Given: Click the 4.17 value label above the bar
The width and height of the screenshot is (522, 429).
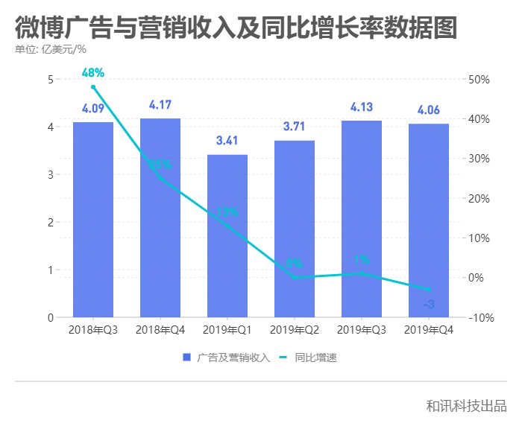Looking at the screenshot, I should pyautogui.click(x=160, y=105).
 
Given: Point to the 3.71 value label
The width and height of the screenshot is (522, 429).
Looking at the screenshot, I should pyautogui.click(x=295, y=127).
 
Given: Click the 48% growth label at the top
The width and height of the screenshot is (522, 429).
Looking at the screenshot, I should pyautogui.click(x=93, y=73).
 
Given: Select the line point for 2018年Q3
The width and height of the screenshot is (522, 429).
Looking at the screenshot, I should pyautogui.click(x=93, y=87).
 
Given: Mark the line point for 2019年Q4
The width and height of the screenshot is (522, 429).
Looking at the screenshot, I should pyautogui.click(x=429, y=290).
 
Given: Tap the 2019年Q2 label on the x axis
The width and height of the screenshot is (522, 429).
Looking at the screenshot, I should pyautogui.click(x=295, y=330).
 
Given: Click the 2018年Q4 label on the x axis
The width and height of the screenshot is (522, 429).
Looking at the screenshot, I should pyautogui.click(x=160, y=330).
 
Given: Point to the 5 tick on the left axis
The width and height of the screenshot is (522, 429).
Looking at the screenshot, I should pyautogui.click(x=51, y=80).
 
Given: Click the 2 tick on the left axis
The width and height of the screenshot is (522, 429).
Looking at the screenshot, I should pyautogui.click(x=51, y=222).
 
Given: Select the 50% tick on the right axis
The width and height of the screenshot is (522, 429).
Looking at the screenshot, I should pyautogui.click(x=479, y=80).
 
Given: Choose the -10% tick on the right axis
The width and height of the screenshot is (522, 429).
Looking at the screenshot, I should pyautogui.click(x=479, y=318).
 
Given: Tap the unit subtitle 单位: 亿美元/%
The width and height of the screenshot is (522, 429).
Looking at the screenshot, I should pyautogui.click(x=51, y=50).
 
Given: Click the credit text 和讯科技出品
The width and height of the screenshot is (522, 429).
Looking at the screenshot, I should pyautogui.click(x=466, y=406).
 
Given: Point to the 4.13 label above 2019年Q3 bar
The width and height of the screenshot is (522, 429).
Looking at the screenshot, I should pyautogui.click(x=362, y=107).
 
